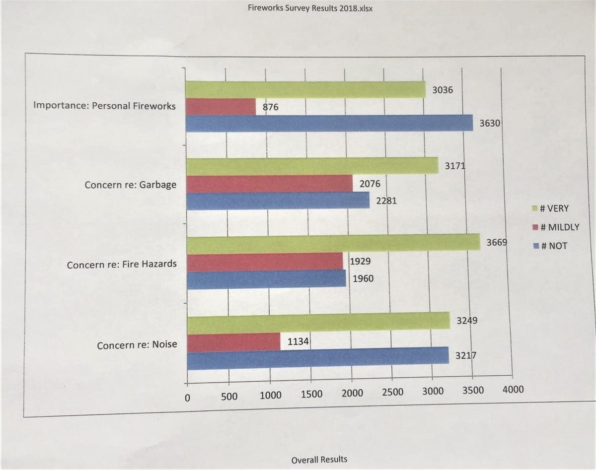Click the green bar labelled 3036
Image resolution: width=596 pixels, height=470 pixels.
click(x=305, y=89)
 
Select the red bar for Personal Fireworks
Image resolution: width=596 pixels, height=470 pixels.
click(x=221, y=107)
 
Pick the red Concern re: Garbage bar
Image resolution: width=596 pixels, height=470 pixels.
click(x=269, y=184)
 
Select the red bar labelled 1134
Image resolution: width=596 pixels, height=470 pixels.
click(x=233, y=342)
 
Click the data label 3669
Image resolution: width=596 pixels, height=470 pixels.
click(x=496, y=243)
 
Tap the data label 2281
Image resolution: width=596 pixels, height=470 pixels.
click(x=386, y=201)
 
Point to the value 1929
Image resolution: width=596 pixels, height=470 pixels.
click(x=360, y=261)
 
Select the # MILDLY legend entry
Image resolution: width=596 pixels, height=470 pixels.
click(x=556, y=227)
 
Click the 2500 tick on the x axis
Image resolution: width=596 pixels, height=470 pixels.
click(x=392, y=393)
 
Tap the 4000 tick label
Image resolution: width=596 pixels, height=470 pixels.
click(x=513, y=390)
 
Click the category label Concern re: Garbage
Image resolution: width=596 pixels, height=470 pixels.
click(x=130, y=185)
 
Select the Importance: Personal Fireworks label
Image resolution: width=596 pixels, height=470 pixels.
click(x=104, y=106)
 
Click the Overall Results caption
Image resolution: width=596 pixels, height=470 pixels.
click(x=319, y=459)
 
